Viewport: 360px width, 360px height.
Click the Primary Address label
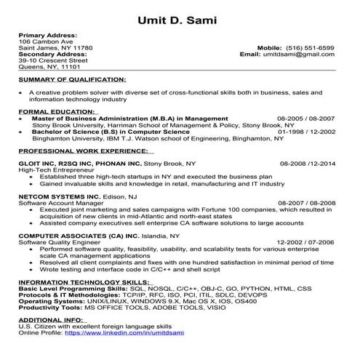coord(47,35)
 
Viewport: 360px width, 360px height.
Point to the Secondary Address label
coord(52,54)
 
